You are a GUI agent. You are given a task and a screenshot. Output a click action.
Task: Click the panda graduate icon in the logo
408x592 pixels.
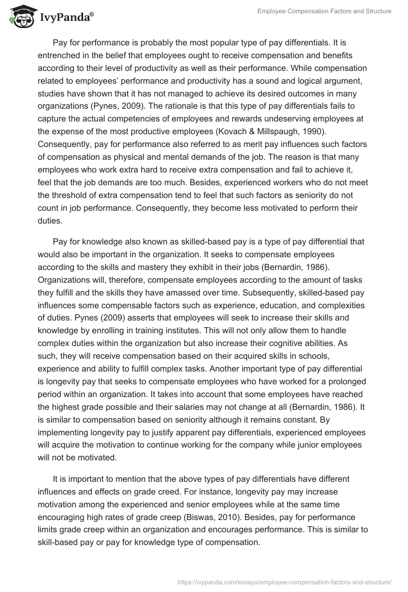[19, 16]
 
